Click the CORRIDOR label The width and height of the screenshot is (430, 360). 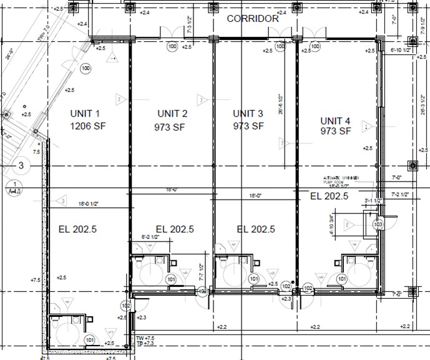point(252,19)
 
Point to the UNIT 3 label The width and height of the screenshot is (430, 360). point(248,114)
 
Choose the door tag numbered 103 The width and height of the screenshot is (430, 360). point(377,224)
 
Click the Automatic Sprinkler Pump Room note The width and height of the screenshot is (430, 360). point(340,182)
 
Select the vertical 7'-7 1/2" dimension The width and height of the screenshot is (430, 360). point(200,271)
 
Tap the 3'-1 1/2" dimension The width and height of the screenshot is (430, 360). point(373,201)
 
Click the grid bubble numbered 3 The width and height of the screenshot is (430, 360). point(21,166)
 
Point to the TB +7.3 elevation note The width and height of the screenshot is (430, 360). point(145,344)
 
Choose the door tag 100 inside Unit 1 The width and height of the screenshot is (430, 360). point(86,68)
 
